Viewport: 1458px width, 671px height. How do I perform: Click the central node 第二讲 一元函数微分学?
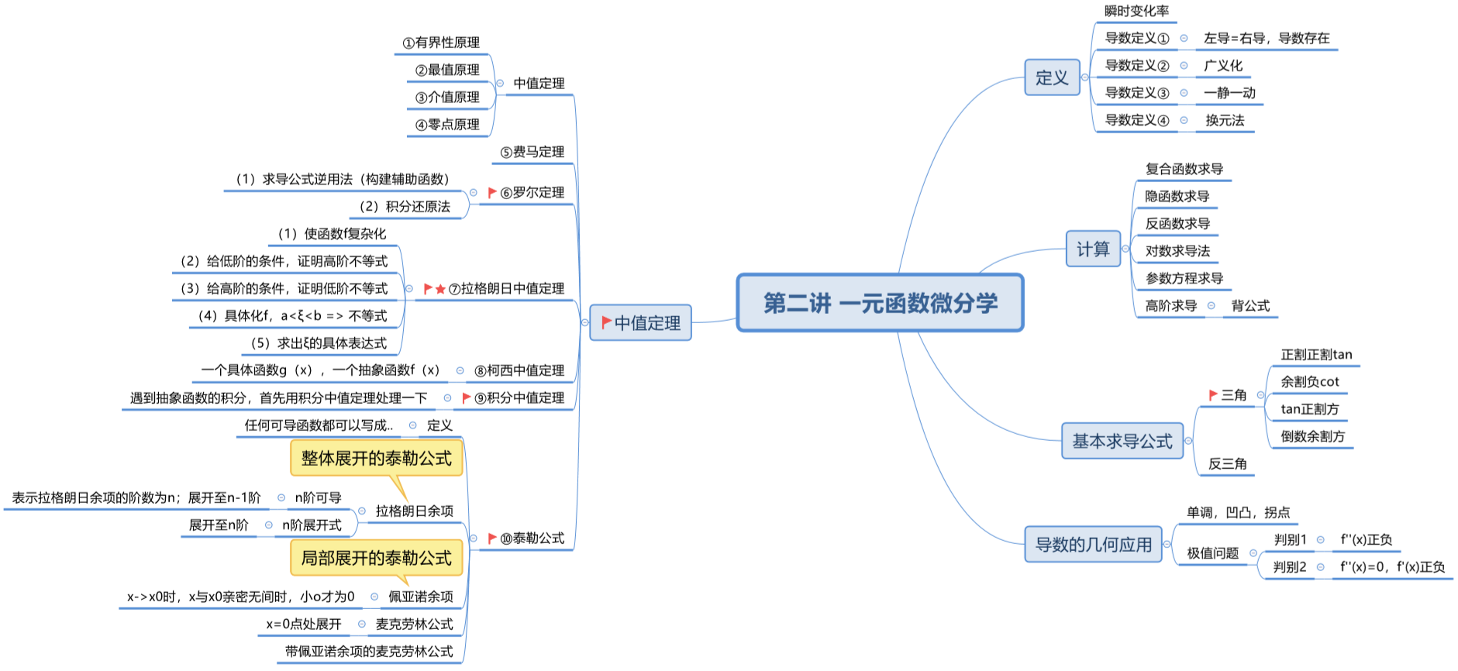(x=880, y=303)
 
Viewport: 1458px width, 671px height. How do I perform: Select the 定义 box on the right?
(x=1052, y=77)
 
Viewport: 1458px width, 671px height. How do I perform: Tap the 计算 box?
(x=1093, y=249)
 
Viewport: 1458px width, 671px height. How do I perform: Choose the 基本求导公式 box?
(x=1122, y=441)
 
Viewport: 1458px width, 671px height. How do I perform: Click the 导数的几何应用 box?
(x=1093, y=545)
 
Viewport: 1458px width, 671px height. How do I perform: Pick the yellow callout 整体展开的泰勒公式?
(x=376, y=458)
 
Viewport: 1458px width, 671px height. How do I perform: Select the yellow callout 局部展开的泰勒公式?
(x=376, y=558)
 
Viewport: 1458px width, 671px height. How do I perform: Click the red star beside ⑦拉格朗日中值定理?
(x=440, y=289)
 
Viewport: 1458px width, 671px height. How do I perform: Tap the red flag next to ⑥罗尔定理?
(x=492, y=192)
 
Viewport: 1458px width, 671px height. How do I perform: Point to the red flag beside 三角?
(x=1213, y=395)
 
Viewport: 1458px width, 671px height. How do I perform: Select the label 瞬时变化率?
(x=1136, y=11)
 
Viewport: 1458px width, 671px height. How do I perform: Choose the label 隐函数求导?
(x=1177, y=196)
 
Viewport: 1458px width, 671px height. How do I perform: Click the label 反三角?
(x=1227, y=463)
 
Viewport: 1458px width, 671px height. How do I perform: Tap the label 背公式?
(x=1250, y=305)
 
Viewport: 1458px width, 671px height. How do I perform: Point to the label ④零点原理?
(x=447, y=125)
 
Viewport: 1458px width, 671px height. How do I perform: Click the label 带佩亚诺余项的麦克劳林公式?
(x=369, y=651)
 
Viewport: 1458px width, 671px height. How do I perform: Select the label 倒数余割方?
(x=1312, y=436)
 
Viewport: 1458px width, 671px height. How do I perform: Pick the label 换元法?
(x=1225, y=120)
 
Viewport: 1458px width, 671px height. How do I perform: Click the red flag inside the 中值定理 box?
(x=607, y=322)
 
